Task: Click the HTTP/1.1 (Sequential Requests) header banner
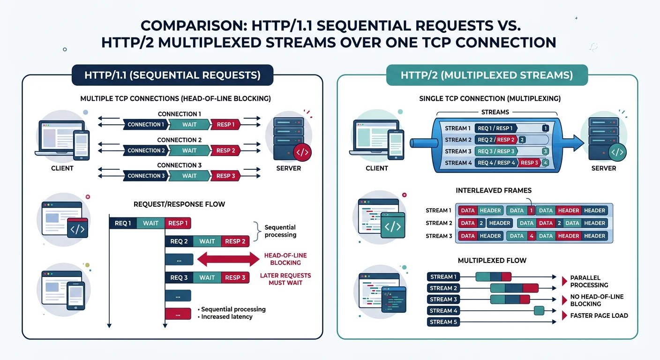tap(172, 75)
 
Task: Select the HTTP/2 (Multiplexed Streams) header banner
tap(487, 75)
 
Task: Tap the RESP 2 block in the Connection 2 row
tap(226, 150)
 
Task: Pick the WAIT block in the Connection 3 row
tap(189, 176)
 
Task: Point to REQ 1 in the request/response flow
tap(123, 223)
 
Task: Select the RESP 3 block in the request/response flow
tap(235, 277)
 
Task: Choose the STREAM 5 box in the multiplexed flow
tap(442, 322)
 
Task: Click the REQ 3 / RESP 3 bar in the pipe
tap(496, 151)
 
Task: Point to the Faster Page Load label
tap(599, 315)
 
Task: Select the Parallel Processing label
tap(589, 281)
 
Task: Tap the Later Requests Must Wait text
tap(285, 279)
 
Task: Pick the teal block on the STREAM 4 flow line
tap(539, 310)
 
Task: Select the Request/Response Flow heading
tap(179, 204)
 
